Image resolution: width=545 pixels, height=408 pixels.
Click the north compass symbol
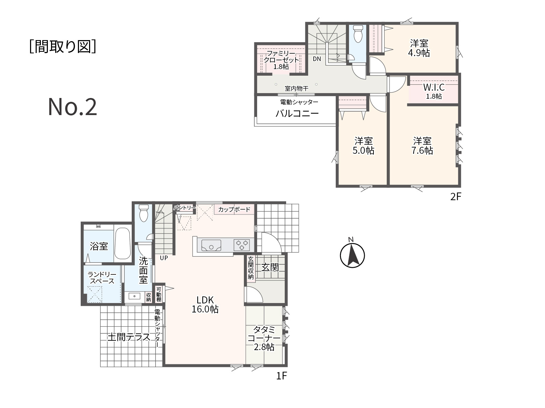pos(352,255)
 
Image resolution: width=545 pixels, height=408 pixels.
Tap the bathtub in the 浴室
pos(122,243)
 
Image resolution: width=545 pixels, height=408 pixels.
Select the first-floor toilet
pos(144,213)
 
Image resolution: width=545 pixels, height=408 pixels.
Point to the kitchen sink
pos(211,245)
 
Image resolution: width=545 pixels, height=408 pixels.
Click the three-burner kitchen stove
pos(241,245)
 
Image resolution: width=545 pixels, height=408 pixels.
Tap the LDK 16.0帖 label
pos(205,305)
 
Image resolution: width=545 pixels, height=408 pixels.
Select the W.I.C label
pos(434,87)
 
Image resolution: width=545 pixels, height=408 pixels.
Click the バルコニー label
pos(297,113)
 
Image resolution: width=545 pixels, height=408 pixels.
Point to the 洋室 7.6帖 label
pos(422,146)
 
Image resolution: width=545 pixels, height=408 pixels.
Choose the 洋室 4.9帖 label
pos(419,48)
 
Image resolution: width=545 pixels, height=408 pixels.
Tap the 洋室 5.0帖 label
pos(363,146)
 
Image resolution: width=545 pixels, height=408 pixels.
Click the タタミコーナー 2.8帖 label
pos(264,338)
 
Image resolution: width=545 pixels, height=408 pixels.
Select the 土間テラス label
pos(129,337)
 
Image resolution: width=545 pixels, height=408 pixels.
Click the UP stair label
pos(164,258)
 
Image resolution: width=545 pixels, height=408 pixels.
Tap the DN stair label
pos(317,59)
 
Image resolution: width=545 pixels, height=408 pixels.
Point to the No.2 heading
pos(72,107)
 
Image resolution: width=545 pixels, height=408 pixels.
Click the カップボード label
pos(234,210)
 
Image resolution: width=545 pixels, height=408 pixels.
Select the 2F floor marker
pos(456,196)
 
